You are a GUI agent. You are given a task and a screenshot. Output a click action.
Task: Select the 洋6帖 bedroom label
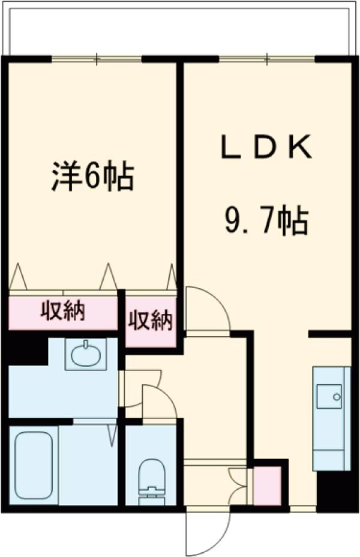(x=91, y=176)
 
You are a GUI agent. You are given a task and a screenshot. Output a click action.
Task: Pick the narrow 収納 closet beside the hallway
(x=150, y=321)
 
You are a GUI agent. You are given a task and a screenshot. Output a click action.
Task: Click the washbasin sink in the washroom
(x=88, y=354)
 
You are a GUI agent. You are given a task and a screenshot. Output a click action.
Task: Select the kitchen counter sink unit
(x=331, y=417)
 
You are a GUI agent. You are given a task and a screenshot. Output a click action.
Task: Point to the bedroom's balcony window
(x=97, y=58)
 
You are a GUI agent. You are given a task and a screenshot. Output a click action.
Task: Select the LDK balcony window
(x=266, y=58)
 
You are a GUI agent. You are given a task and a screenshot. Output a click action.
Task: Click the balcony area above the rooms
(x=180, y=30)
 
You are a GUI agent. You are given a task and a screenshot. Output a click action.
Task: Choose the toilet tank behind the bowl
(x=150, y=498)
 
